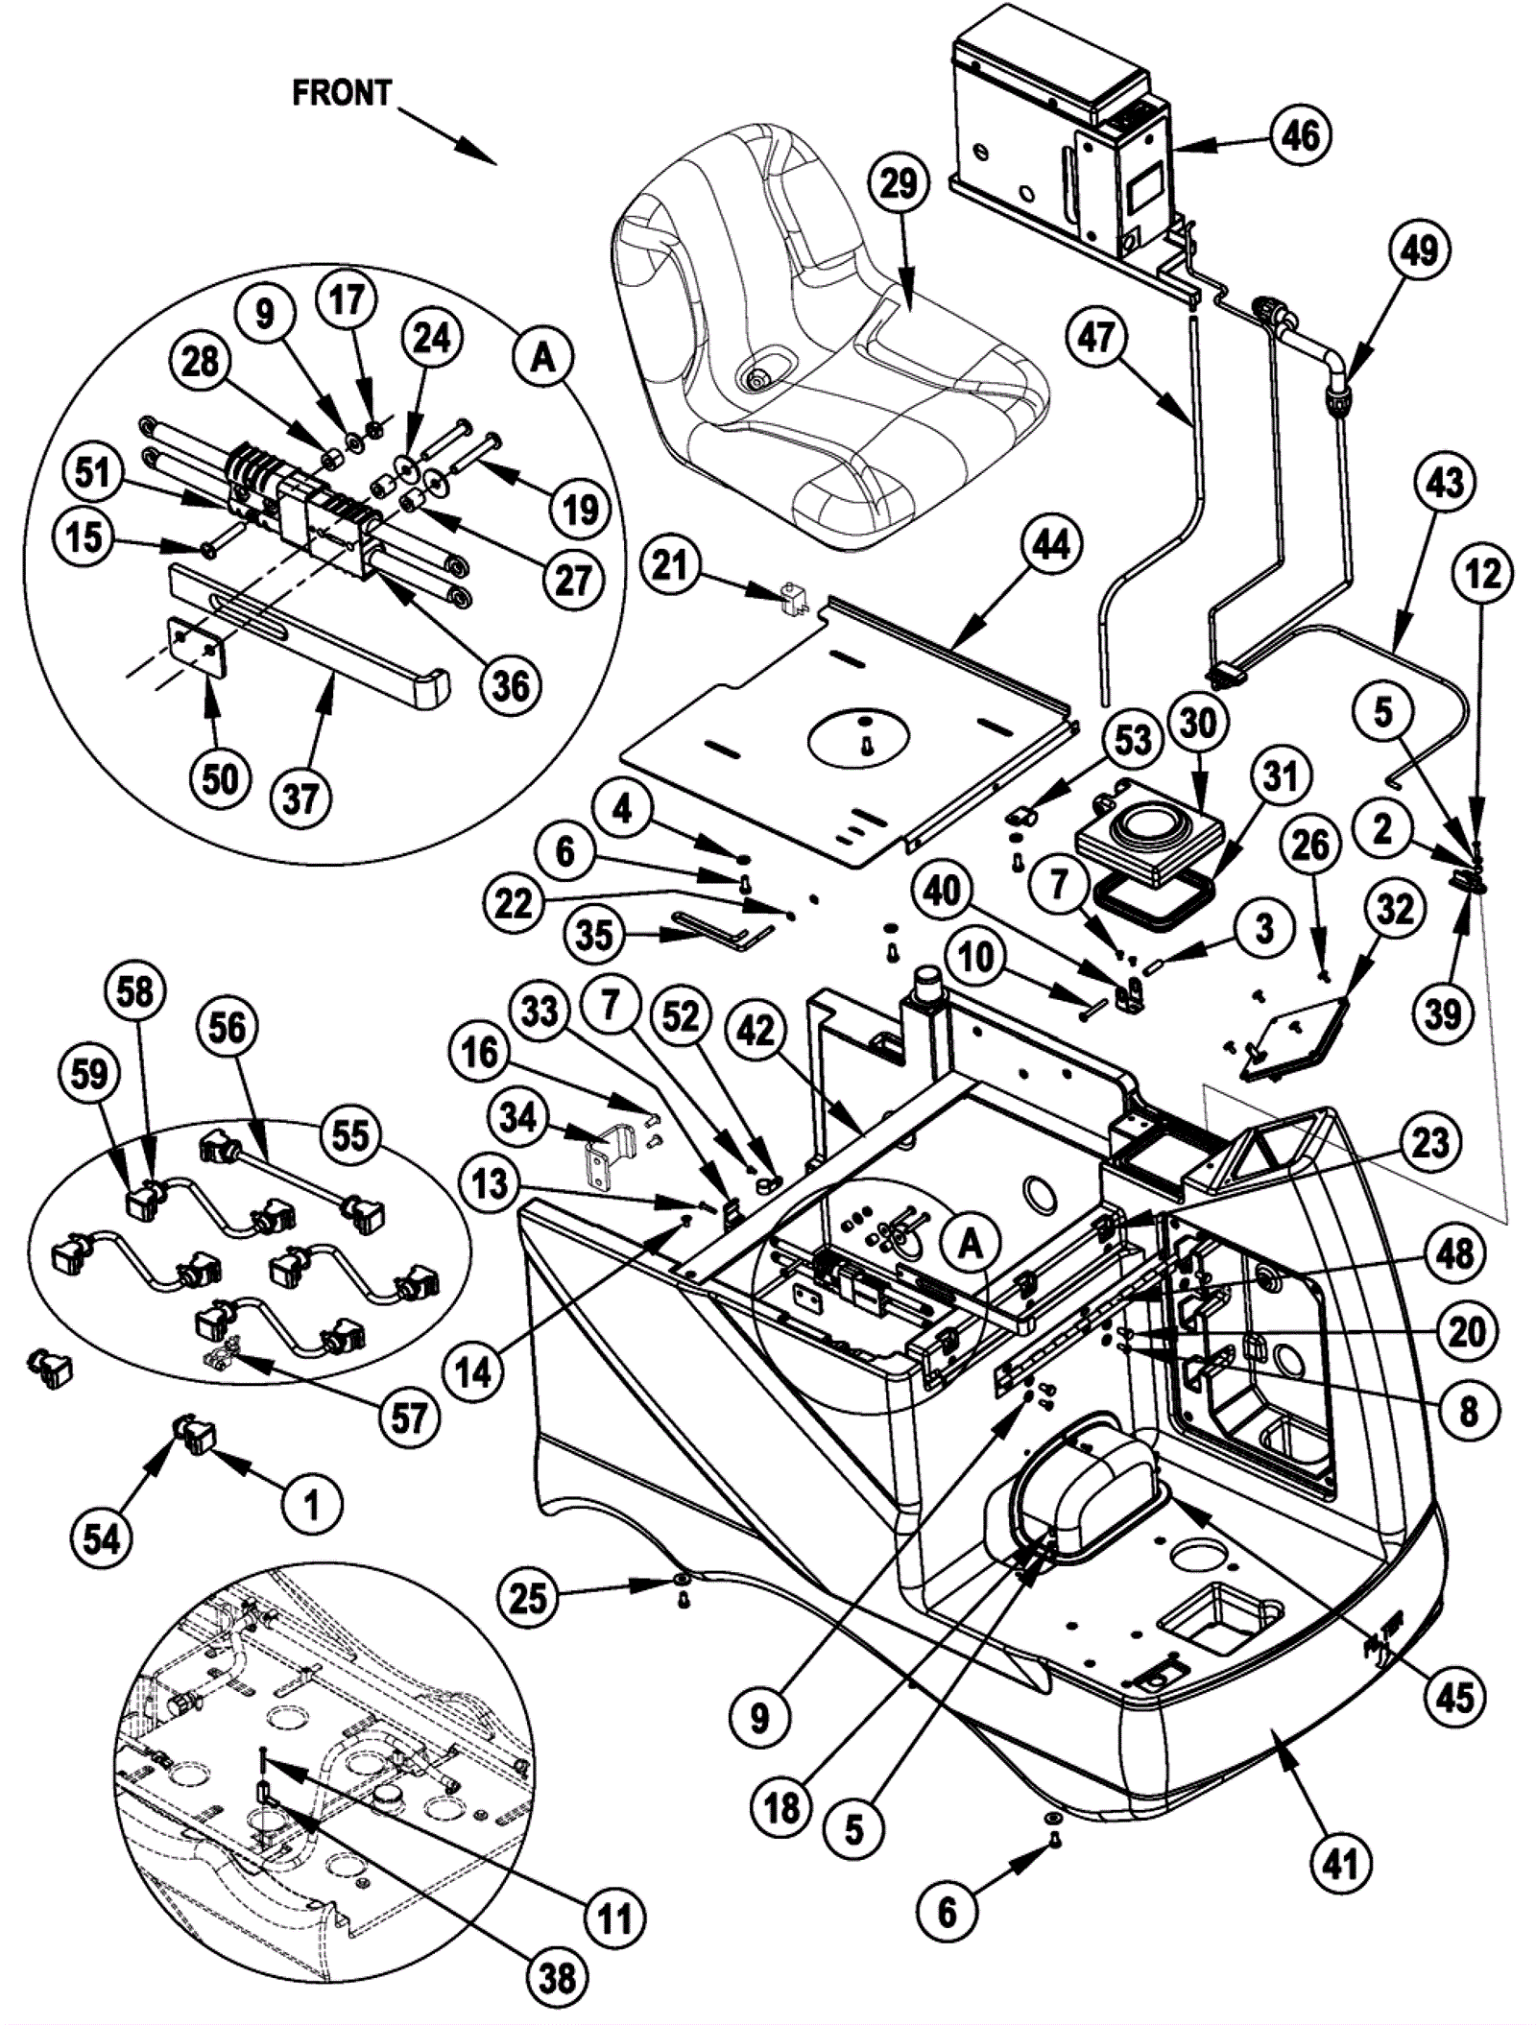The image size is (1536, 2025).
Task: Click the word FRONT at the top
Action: point(342,93)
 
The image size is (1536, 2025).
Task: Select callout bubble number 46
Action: point(1300,135)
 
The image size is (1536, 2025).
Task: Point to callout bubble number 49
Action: point(1419,250)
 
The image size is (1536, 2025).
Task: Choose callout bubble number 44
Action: point(1050,544)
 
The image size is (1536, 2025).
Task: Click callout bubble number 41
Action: point(1340,1865)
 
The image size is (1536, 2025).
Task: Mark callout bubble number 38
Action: point(558,1978)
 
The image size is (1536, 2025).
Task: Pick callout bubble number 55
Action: point(349,1134)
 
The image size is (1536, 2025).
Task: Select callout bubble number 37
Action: point(300,797)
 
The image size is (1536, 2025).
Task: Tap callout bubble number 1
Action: point(310,1504)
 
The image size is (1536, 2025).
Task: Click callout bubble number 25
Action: point(527,1598)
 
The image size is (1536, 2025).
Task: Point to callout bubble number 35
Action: point(593,933)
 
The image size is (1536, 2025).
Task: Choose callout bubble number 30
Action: point(1197,723)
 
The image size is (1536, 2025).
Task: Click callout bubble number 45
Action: point(1453,1697)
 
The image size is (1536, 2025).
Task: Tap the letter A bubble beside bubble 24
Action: point(543,357)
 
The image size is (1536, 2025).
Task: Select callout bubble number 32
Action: point(1394,908)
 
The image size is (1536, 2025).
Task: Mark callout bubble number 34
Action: point(518,1116)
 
